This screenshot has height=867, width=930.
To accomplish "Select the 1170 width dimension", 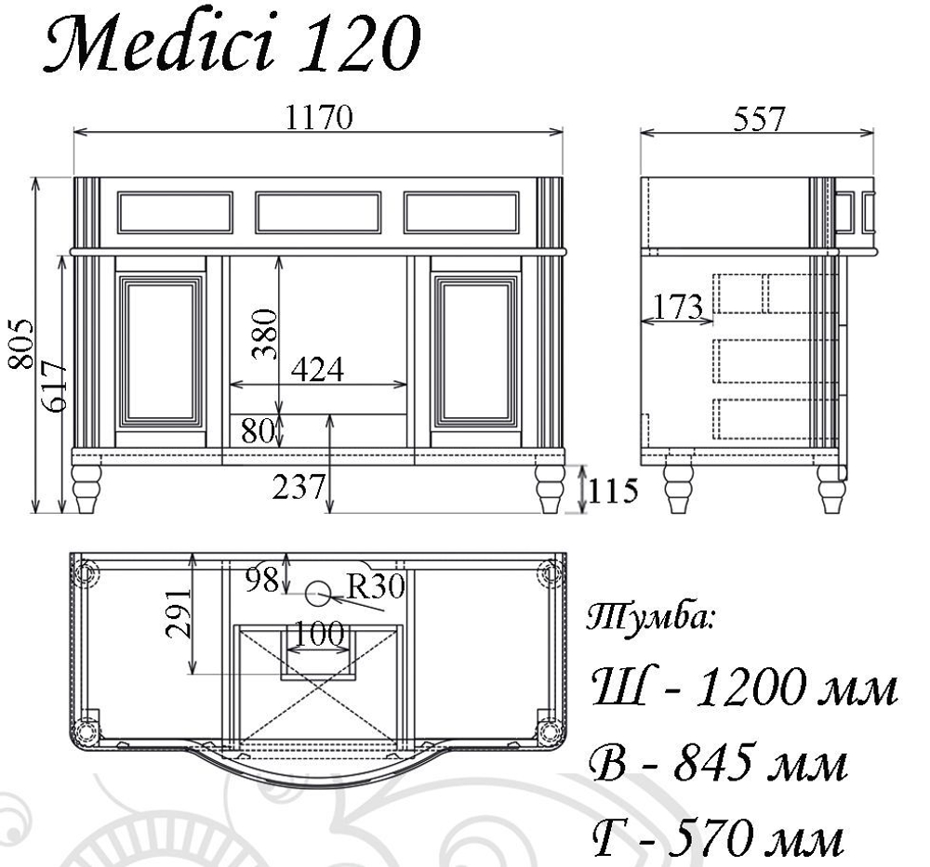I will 319,119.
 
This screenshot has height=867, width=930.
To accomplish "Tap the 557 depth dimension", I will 759,119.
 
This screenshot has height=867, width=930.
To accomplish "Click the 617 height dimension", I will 52,387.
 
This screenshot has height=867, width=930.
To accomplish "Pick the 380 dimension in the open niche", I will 263,333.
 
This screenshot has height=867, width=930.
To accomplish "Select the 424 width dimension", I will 317,370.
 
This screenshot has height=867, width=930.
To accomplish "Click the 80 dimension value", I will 261,431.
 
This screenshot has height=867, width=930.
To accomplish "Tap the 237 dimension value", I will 299,487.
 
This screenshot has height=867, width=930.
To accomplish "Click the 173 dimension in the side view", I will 676,307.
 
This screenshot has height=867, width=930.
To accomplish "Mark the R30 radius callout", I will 376,585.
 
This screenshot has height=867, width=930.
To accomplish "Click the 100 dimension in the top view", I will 319,636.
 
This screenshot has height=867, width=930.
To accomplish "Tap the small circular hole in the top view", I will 319,589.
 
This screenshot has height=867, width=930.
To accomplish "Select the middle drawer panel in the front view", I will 318,212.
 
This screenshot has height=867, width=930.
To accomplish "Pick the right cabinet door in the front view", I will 477,351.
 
